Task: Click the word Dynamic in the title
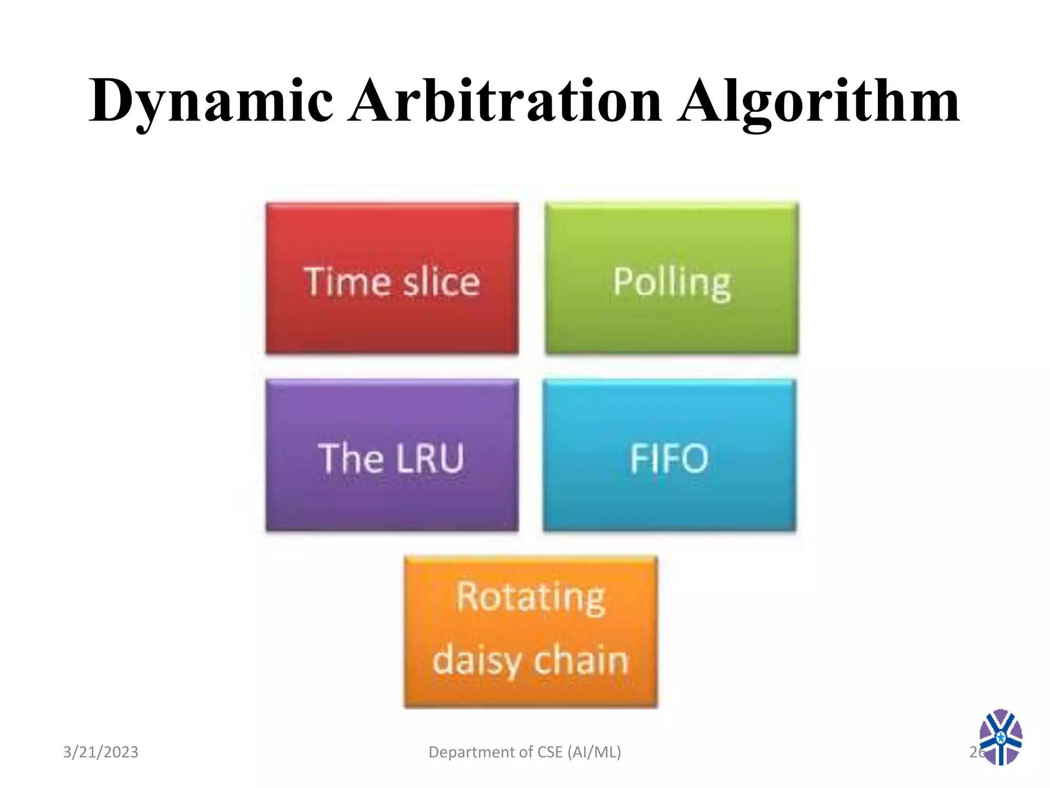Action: point(211,101)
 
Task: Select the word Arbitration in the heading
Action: point(504,101)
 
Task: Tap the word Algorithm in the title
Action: point(818,101)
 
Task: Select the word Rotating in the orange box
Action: point(531,598)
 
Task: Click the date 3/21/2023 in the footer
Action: point(100,752)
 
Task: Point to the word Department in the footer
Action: point(472,752)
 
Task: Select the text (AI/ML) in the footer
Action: point(594,752)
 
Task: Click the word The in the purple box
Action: point(351,458)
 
